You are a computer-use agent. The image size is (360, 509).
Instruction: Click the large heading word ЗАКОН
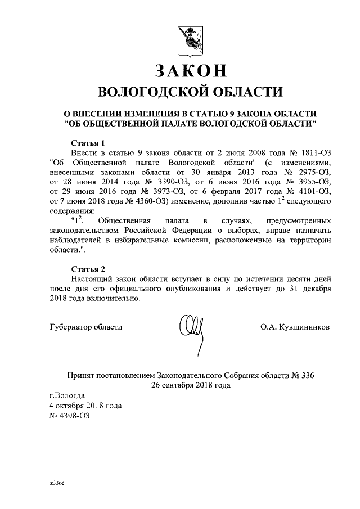click(x=190, y=71)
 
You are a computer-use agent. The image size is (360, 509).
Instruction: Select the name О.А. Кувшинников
click(x=295, y=326)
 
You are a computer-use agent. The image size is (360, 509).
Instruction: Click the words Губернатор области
click(x=85, y=326)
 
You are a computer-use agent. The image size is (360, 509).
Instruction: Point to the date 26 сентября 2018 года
click(x=190, y=385)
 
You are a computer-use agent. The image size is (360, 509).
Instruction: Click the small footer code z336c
click(x=57, y=483)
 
